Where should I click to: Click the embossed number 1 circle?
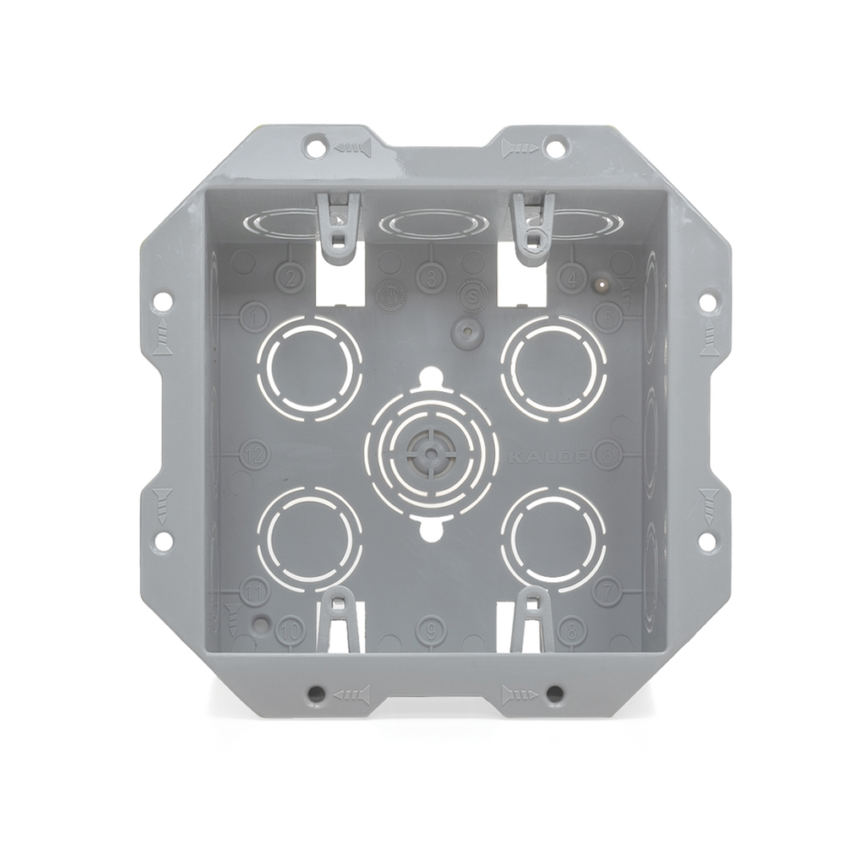click(253, 317)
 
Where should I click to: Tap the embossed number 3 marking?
click(431, 277)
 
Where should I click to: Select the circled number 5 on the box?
click(607, 317)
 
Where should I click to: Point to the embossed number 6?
click(607, 454)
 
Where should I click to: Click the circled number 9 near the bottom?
click(431, 628)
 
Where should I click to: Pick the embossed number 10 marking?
click(290, 629)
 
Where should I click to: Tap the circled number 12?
click(253, 454)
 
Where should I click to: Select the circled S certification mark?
click(473, 296)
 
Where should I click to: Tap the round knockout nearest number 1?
click(309, 368)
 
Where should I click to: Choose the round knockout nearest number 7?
click(552, 538)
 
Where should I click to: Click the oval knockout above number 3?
click(433, 224)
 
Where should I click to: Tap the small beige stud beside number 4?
click(601, 286)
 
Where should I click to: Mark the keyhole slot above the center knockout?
click(431, 376)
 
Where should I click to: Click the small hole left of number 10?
click(262, 624)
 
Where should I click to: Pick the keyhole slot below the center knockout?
click(431, 532)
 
